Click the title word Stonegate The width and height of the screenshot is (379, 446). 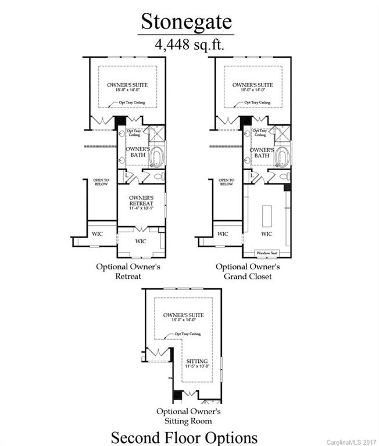[187, 21]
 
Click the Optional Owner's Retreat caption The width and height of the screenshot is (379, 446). [128, 271]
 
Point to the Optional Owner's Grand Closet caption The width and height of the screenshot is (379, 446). [248, 271]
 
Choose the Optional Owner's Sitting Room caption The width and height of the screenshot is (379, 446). [184, 415]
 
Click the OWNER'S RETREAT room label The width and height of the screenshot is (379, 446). [141, 201]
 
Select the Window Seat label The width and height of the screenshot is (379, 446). [267, 254]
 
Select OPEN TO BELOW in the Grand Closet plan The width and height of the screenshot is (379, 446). [227, 182]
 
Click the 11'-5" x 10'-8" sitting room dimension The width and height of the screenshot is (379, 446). [195, 366]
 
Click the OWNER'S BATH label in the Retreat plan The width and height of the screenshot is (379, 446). [138, 152]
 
